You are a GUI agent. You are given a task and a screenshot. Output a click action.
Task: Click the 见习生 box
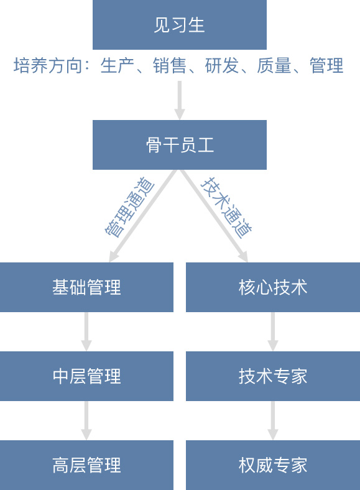pos(179,25)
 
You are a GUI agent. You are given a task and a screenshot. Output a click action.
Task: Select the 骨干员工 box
pos(179,145)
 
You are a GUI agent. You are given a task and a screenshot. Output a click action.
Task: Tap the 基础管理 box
pos(86,287)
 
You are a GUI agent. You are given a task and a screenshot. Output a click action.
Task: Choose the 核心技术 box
pos(273,287)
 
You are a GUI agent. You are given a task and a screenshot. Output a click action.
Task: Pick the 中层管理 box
pos(86,376)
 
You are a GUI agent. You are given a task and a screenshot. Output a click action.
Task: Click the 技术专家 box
pos(273,376)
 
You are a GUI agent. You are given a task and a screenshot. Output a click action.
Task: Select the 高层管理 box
pos(86,465)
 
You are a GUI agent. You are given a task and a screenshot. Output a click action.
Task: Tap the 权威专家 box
pos(273,465)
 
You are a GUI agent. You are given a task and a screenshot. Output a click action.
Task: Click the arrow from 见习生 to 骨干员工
pos(179,100)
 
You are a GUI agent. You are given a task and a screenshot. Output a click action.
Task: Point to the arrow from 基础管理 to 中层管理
pos(86,331)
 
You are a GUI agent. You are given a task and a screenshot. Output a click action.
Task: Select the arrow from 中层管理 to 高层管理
pos(86,420)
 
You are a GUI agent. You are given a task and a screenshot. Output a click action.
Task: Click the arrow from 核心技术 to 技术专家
pos(273,331)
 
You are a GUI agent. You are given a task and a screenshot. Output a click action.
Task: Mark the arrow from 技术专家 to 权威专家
pos(273,420)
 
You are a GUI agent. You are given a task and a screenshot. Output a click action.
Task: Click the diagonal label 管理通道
pos(129,207)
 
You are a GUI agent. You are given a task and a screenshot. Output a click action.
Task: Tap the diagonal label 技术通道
pos(226,207)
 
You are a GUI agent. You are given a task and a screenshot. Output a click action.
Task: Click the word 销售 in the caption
pos(169,66)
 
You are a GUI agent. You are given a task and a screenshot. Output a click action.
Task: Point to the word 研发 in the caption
pos(221,66)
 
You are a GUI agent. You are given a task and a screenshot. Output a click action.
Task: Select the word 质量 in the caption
pos(274,66)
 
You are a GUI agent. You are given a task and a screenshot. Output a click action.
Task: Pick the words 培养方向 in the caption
pos(47,66)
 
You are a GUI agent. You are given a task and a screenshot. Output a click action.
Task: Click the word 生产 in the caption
pos(117,66)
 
